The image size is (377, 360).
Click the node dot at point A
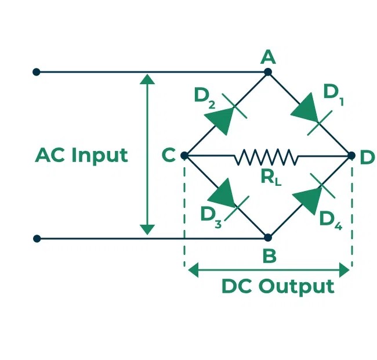coord(268,72)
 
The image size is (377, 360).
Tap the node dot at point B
coord(268,237)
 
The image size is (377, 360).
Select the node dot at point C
coord(184,156)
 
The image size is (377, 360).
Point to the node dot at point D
coord(351,156)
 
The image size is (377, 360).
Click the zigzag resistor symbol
coord(266,156)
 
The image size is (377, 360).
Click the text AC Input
coord(81,156)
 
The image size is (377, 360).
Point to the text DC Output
coord(278,286)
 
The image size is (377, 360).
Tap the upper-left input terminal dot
coord(37,72)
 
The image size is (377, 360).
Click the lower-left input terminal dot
coord(37,238)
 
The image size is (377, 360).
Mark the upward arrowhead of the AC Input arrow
coord(148,80)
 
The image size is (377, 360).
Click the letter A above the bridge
coord(267,56)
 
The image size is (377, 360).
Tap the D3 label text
coord(211,216)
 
